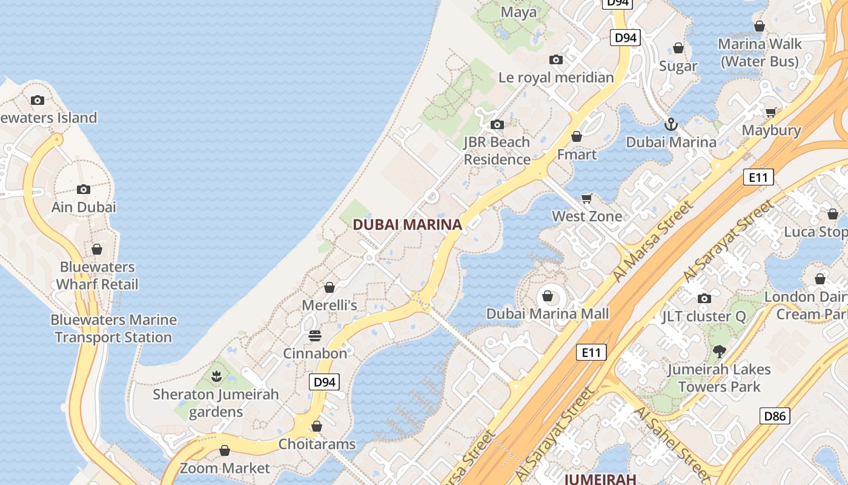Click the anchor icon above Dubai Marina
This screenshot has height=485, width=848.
click(x=671, y=125)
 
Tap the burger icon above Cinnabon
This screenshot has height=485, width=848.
click(x=315, y=335)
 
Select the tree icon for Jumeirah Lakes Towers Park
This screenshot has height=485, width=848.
click(x=719, y=351)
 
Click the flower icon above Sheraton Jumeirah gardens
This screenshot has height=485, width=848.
click(x=216, y=376)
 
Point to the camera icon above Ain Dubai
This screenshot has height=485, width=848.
click(x=84, y=189)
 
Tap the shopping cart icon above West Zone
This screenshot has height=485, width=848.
click(x=586, y=199)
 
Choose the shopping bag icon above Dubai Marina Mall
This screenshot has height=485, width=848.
click(x=548, y=296)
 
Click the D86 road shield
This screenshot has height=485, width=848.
click(x=775, y=416)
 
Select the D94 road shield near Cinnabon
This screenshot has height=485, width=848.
click(x=324, y=382)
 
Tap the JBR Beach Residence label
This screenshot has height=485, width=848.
click(x=497, y=151)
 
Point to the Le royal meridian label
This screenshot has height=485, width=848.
click(x=556, y=78)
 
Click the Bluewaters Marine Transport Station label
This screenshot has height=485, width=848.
click(x=113, y=329)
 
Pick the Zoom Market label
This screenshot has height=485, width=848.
click(x=225, y=468)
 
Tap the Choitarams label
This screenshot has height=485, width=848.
click(x=317, y=444)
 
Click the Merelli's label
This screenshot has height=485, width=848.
click(x=330, y=305)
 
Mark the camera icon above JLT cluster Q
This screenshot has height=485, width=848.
click(x=704, y=298)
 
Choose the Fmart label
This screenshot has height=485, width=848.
click(x=577, y=155)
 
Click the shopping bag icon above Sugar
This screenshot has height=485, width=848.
click(x=678, y=48)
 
